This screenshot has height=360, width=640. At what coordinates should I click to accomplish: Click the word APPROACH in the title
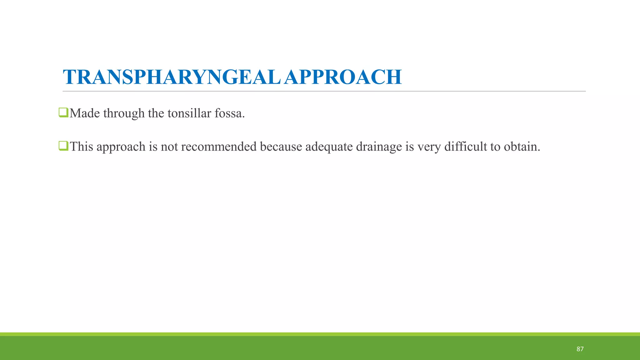point(343,77)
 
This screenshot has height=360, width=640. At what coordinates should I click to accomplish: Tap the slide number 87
point(580,349)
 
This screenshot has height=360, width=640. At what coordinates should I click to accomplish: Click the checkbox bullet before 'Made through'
point(63,112)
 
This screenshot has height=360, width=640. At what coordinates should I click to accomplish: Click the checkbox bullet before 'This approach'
point(63,146)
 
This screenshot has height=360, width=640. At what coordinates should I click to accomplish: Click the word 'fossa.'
point(230,113)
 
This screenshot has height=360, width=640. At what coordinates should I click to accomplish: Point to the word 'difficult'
point(465,147)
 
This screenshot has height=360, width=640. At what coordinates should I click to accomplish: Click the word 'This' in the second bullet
point(81,147)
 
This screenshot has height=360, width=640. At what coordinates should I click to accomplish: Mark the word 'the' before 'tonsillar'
point(156,113)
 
